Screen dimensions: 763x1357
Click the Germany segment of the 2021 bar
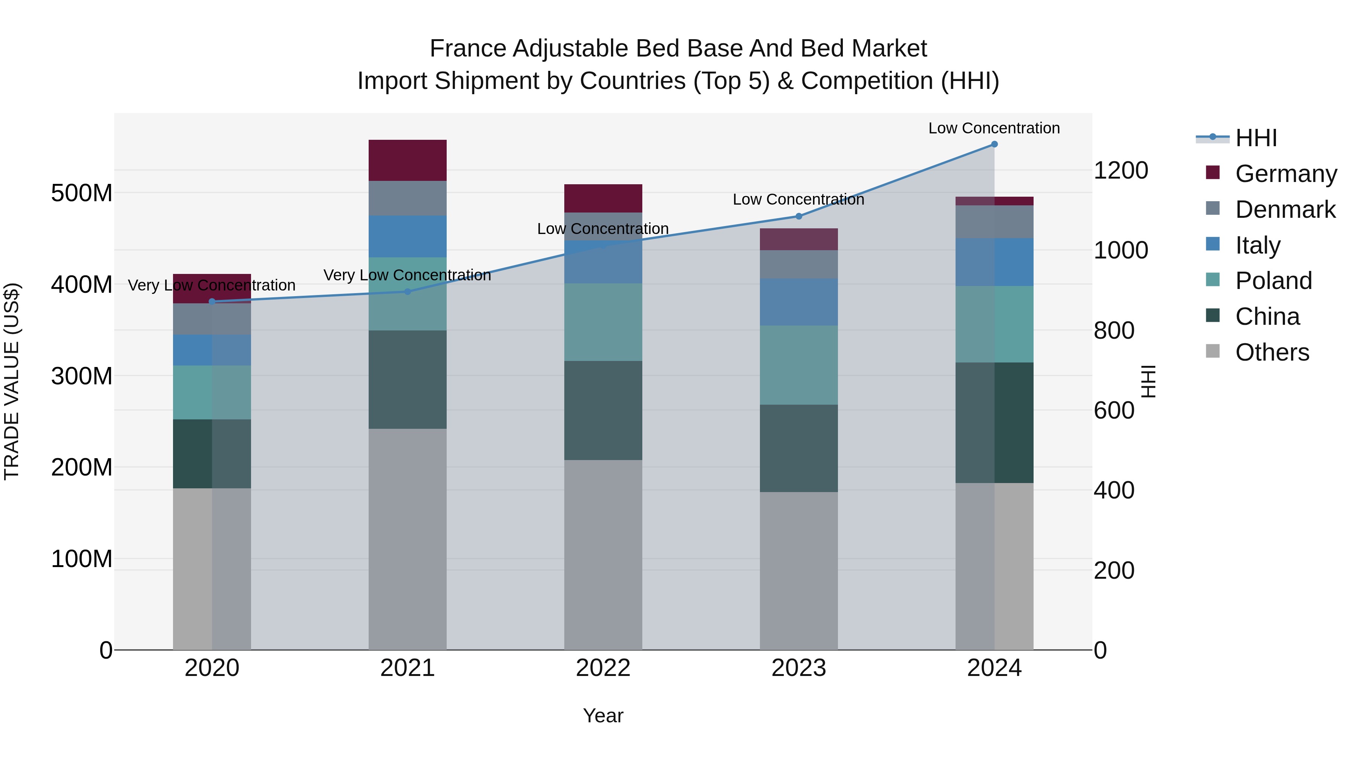407,160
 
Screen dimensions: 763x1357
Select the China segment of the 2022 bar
603,410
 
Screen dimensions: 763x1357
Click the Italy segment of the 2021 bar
407,236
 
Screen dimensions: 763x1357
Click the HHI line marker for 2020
212,302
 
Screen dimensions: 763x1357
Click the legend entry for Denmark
1285,209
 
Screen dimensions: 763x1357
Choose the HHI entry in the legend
1256,138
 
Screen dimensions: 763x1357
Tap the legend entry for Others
1272,352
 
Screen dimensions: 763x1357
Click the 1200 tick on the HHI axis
1121,171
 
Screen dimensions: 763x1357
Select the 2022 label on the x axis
603,668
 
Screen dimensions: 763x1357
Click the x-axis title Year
603,716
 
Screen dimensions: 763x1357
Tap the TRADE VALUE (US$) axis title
12,381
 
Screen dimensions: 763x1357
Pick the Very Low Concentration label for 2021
407,275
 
